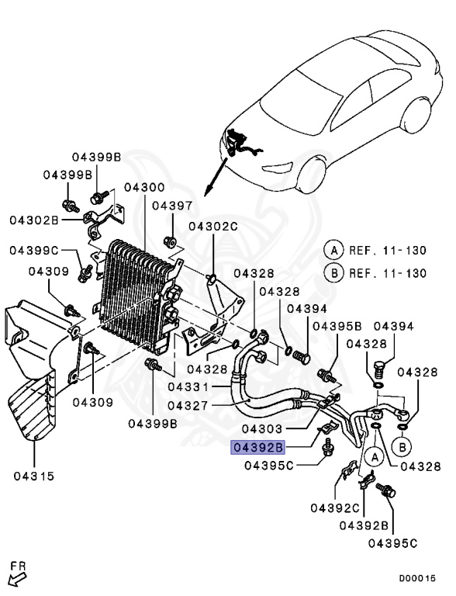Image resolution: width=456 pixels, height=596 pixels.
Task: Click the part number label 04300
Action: [143, 189]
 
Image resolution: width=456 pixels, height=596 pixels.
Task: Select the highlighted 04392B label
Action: [258, 448]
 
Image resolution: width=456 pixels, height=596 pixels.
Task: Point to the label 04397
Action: [171, 206]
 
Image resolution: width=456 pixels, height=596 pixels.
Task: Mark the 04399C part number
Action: [34, 250]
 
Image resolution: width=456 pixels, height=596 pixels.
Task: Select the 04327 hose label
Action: [191, 405]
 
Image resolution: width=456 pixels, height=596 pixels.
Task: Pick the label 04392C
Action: [335, 508]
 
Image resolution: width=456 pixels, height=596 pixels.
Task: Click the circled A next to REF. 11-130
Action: [334, 250]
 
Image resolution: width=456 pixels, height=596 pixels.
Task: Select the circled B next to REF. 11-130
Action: [334, 273]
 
